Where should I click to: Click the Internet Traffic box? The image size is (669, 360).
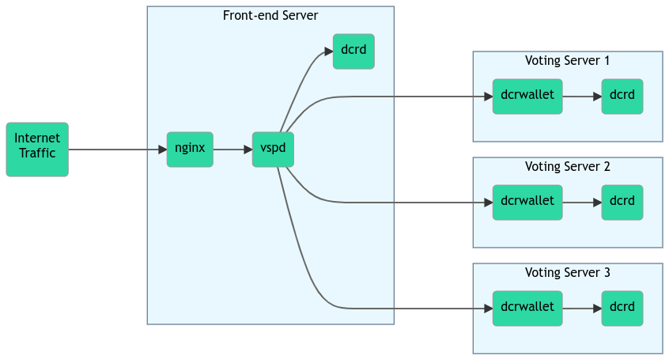coord(37,149)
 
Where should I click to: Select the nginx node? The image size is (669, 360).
coord(190,149)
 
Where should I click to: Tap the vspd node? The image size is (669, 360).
coord(273,149)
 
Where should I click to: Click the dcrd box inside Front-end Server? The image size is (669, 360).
coord(353,51)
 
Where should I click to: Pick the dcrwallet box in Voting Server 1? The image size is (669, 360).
coord(527,97)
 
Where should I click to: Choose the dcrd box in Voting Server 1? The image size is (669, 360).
coord(622,97)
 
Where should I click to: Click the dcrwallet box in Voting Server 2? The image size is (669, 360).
coord(527,203)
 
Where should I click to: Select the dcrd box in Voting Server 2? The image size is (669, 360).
coord(622,203)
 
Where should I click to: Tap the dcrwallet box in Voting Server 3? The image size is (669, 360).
coord(527,309)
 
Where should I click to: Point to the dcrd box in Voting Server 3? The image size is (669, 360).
coord(622,309)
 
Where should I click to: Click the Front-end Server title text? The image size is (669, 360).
coord(270,16)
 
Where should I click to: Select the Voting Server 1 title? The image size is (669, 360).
coord(568,61)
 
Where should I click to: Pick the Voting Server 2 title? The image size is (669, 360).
coord(568,167)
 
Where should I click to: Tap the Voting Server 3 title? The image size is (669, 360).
coord(568,273)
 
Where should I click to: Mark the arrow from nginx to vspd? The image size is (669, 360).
coord(232,149)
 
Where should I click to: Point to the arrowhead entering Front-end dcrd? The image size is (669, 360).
coord(328,52)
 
